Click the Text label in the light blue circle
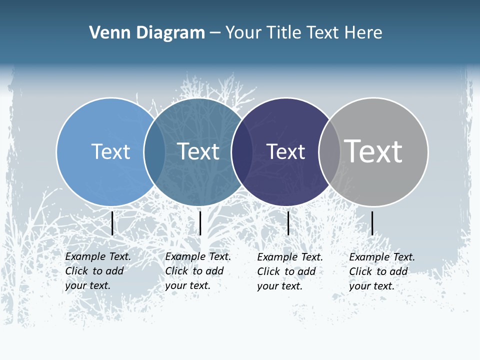click(x=110, y=151)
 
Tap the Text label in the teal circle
click(x=198, y=151)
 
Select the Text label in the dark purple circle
click(x=285, y=152)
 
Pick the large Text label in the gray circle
click(x=373, y=151)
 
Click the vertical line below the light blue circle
click(x=112, y=223)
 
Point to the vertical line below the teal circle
click(x=200, y=223)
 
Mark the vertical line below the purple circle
click(x=288, y=223)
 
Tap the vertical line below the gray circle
click(x=372, y=223)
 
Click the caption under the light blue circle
click(x=97, y=271)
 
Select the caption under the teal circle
click(x=197, y=271)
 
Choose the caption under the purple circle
click(x=289, y=271)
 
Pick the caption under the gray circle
click(x=381, y=271)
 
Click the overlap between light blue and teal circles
click(x=154, y=151)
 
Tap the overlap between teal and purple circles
click(x=242, y=151)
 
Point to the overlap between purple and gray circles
click(x=329, y=151)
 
